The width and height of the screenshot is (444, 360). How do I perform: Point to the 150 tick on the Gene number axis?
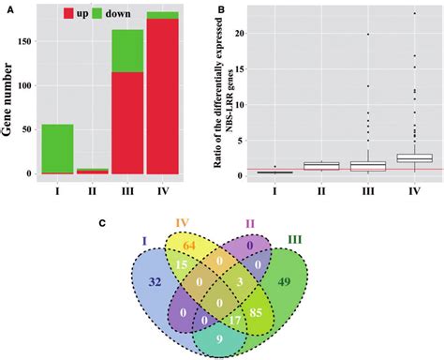pos(35,42)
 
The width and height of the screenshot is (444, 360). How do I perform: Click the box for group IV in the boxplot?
pos(415,157)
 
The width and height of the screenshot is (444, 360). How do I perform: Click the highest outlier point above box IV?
pos(415,13)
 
